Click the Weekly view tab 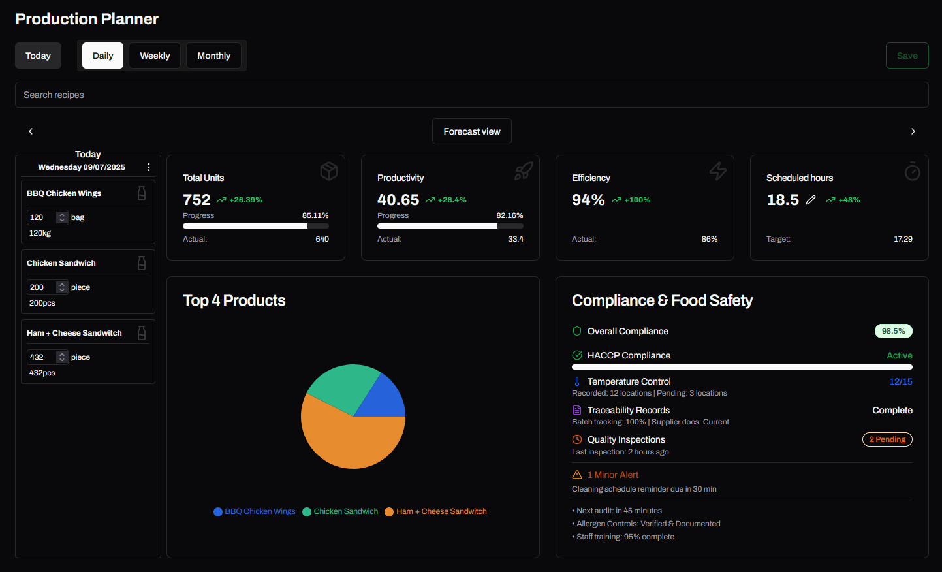pyautogui.click(x=155, y=56)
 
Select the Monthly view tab pyautogui.click(x=213, y=56)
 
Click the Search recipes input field pyautogui.click(x=471, y=95)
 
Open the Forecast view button pyautogui.click(x=472, y=131)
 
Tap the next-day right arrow pyautogui.click(x=913, y=131)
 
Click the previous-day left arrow pyautogui.click(x=31, y=131)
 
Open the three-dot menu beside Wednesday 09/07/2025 pyautogui.click(x=149, y=167)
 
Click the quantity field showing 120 pyautogui.click(x=47, y=217)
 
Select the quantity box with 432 pyautogui.click(x=47, y=357)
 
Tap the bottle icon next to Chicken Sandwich pyautogui.click(x=142, y=263)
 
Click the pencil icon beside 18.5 pyautogui.click(x=811, y=200)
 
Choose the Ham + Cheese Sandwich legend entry pyautogui.click(x=435, y=511)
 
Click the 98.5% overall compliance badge pyautogui.click(x=893, y=331)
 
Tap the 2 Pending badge pyautogui.click(x=887, y=439)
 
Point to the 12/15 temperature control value pyautogui.click(x=901, y=381)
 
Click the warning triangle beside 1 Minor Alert pyautogui.click(x=577, y=475)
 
